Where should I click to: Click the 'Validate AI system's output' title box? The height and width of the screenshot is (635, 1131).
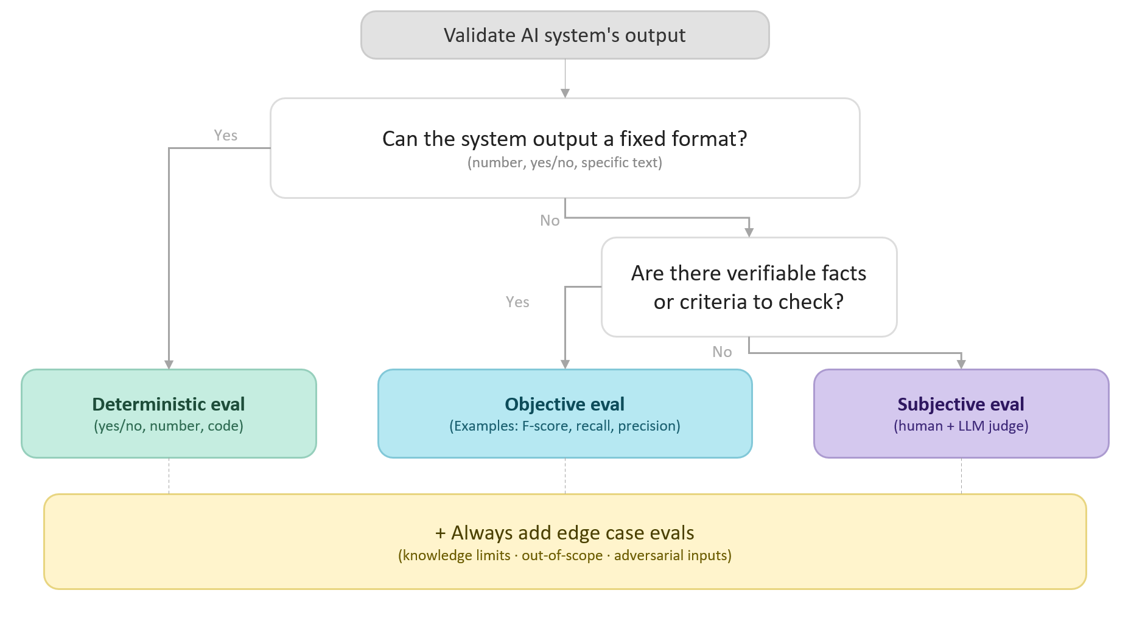click(x=564, y=35)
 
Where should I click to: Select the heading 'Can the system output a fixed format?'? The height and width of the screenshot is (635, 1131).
click(x=564, y=139)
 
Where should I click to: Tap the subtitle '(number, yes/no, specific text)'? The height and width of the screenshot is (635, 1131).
click(x=564, y=163)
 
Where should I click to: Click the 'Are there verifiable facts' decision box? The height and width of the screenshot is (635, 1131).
click(x=749, y=287)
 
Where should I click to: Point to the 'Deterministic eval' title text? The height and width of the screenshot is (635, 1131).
click(x=169, y=404)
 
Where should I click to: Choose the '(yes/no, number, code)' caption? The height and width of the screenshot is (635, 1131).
click(x=169, y=426)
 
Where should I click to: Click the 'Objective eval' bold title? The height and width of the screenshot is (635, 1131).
click(x=564, y=404)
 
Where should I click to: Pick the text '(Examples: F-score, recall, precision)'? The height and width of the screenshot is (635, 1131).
click(x=564, y=426)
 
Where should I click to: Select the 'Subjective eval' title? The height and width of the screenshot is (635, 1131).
click(x=961, y=404)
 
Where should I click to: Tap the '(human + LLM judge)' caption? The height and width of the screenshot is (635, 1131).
click(x=961, y=426)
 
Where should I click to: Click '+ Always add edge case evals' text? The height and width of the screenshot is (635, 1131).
click(x=564, y=533)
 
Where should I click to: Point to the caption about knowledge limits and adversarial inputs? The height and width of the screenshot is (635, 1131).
click(x=564, y=555)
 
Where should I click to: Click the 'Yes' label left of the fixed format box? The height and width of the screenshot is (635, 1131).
click(x=225, y=136)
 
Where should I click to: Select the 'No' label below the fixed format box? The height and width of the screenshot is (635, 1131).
click(x=550, y=221)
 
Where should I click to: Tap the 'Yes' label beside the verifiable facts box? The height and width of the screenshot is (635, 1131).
click(x=517, y=302)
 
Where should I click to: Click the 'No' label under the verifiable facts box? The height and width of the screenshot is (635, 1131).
click(x=722, y=352)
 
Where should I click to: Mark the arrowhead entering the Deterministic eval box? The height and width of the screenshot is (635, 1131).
click(x=169, y=364)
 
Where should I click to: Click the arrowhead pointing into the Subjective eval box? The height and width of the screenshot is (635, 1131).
click(x=961, y=364)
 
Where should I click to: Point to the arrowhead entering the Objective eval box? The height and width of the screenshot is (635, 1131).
click(x=565, y=364)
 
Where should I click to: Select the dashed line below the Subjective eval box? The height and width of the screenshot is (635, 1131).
click(x=961, y=476)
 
